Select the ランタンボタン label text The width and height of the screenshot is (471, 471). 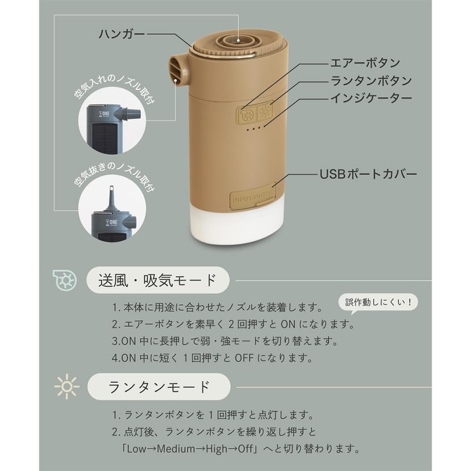pyautogui.click(x=370, y=80)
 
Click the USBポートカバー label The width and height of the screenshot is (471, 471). pyautogui.click(x=369, y=174)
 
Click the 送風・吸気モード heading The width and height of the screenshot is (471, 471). pyautogui.click(x=157, y=278)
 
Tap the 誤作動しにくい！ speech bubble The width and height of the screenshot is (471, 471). pyautogui.click(x=378, y=303)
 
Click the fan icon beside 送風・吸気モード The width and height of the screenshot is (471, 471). pyautogui.click(x=65, y=279)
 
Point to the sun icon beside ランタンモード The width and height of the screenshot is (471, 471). pyautogui.click(x=66, y=387)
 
